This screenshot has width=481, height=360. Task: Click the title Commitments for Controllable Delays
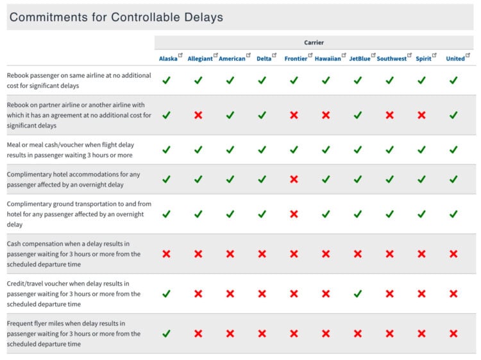[116, 17]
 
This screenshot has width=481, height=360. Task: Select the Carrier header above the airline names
[314, 42]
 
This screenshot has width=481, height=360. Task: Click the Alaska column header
[168, 58]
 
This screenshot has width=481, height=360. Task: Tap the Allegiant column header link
[200, 58]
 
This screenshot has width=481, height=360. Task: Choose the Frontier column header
[296, 58]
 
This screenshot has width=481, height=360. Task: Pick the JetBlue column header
[360, 58]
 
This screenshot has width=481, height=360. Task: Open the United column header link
[455, 58]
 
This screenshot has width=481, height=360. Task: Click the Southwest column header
[391, 58]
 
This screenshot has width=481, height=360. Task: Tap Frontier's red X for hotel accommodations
[294, 179]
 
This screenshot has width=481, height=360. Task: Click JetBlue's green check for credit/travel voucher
[358, 293]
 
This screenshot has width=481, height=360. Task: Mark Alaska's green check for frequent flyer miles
[166, 334]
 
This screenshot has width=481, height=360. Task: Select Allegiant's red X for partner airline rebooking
[198, 115]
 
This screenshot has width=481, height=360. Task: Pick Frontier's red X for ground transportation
[294, 214]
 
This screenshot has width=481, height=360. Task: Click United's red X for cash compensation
[453, 253]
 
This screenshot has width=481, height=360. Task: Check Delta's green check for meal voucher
[262, 150]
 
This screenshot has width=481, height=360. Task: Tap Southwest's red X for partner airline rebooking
[389, 115]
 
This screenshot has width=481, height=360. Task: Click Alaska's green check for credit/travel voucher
[166, 293]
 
